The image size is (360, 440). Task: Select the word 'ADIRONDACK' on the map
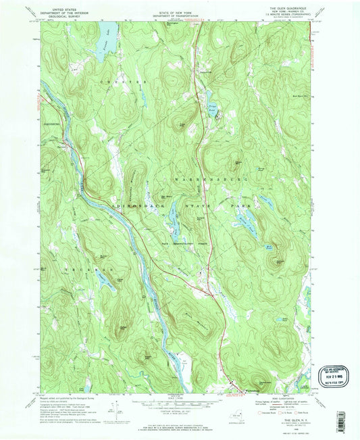coord(137,203)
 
